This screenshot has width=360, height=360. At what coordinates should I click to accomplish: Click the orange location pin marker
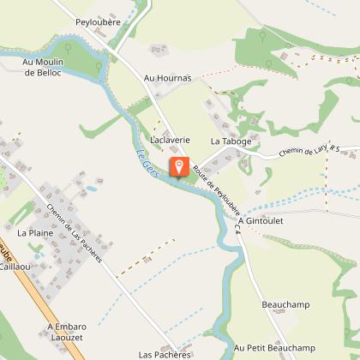point(179,166)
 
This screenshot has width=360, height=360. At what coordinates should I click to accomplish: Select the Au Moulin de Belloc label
point(41,68)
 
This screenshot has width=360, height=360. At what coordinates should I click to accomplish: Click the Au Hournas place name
point(166,78)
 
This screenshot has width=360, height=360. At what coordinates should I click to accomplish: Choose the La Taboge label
point(228,140)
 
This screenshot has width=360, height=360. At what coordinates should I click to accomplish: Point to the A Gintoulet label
point(261,220)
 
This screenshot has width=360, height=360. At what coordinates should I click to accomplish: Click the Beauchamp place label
point(284,304)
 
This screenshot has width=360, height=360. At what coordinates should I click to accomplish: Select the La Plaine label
point(35,232)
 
